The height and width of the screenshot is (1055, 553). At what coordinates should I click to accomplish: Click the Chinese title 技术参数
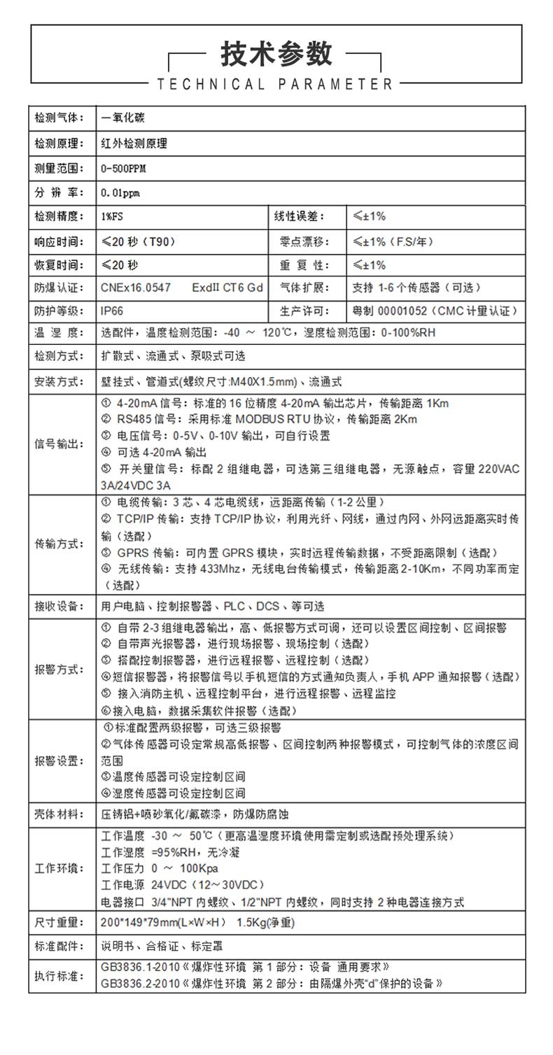(x=276, y=54)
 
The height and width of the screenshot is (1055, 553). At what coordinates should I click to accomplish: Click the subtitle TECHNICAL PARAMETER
(x=276, y=85)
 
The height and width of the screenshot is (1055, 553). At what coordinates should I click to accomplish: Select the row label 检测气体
(x=59, y=117)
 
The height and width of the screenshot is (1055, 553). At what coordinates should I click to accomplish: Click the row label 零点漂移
(x=303, y=242)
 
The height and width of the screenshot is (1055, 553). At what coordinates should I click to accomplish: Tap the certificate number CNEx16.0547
(x=136, y=288)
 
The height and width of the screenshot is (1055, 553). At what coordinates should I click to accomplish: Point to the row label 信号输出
(x=59, y=444)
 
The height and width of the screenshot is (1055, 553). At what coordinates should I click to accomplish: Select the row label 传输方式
(x=59, y=544)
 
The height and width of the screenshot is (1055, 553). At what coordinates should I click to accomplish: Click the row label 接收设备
(x=59, y=606)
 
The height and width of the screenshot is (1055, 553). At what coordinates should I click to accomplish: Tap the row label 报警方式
(x=59, y=669)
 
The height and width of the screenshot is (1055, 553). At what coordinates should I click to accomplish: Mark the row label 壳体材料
(x=59, y=814)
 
